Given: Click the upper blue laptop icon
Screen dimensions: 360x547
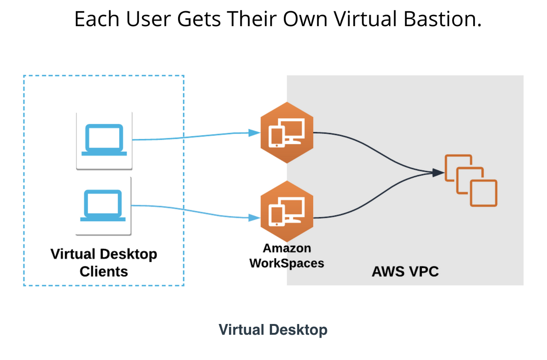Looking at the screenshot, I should pyautogui.click(x=104, y=139).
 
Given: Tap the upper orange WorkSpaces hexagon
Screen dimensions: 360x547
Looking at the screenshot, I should pyautogui.click(x=287, y=132).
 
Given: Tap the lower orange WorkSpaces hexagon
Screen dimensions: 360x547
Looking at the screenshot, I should pyautogui.click(x=287, y=211).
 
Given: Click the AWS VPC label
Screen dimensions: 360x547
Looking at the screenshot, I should pyautogui.click(x=405, y=271).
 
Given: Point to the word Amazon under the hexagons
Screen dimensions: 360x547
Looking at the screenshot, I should pyautogui.click(x=287, y=248).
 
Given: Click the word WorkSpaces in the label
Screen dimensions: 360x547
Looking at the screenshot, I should pyautogui.click(x=287, y=263).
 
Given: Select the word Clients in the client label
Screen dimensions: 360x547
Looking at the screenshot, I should pyautogui.click(x=104, y=271).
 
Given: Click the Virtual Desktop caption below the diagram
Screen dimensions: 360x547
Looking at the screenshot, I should pyautogui.click(x=273, y=330).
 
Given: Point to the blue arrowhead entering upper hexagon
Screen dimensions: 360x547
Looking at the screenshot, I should pyautogui.click(x=254, y=132).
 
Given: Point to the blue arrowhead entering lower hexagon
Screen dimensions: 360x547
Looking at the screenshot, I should pyautogui.click(x=254, y=218).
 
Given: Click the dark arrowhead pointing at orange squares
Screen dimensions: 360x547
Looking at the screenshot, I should pyautogui.click(x=438, y=173).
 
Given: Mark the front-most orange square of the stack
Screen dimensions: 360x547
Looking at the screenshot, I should pyautogui.click(x=483, y=193).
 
